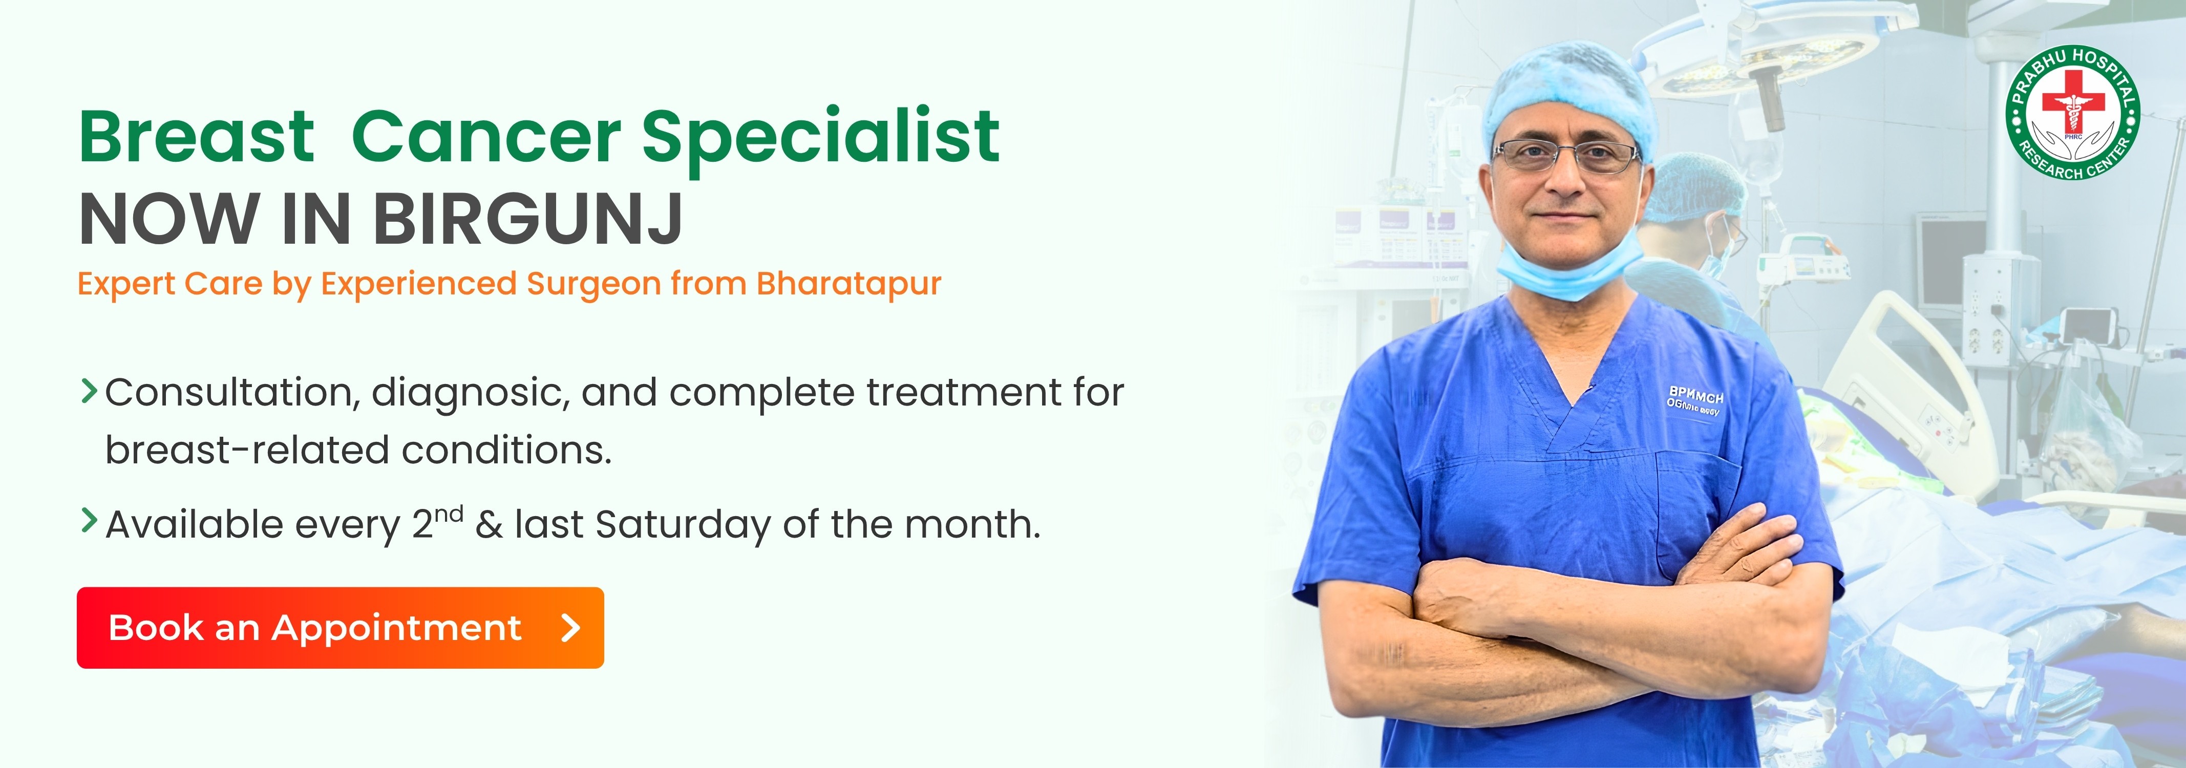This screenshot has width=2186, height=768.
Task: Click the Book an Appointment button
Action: (339, 628)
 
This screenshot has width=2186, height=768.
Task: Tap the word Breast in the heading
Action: (196, 138)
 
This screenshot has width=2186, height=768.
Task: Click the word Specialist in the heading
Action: (821, 138)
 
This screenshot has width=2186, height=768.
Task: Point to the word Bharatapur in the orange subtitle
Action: (848, 284)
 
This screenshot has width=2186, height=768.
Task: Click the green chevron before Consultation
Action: (88, 391)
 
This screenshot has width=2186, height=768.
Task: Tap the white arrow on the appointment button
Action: (571, 628)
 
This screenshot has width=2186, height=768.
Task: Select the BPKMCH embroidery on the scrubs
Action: (1695, 396)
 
